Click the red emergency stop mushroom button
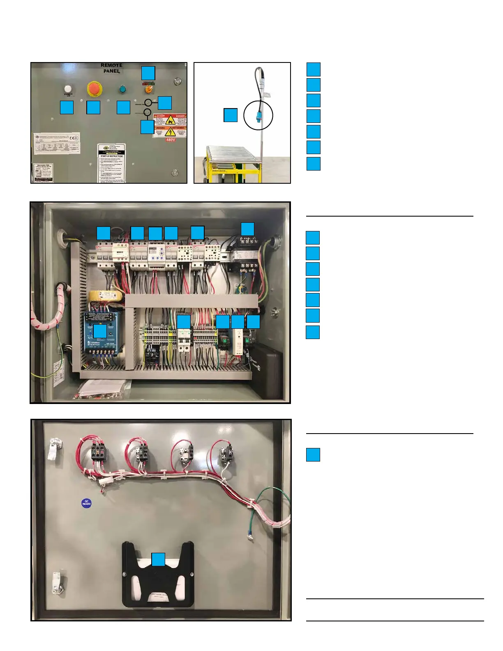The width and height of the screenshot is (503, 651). pos(94,89)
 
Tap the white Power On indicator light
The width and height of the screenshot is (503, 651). pos(68,89)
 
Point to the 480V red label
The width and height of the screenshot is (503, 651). pos(171,140)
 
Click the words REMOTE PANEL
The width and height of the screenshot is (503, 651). pos(112,68)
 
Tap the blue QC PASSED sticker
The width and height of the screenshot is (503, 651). pos(86,503)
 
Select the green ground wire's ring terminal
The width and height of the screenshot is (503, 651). pos(249,535)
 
